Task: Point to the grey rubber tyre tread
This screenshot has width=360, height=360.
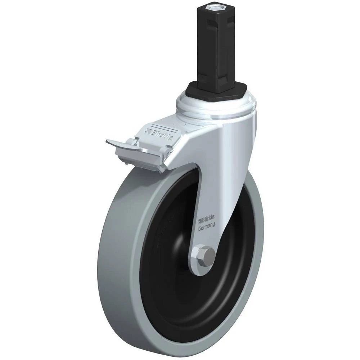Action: click(120, 264)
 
